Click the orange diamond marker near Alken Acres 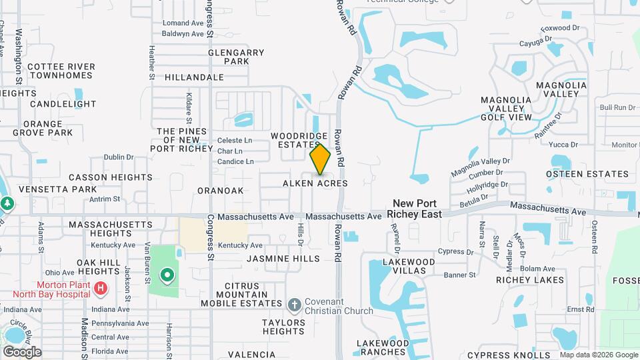coord(321,160)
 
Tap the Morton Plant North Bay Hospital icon coord(100,288)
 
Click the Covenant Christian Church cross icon coord(294,305)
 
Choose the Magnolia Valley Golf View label coord(506,109)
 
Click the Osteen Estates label coord(587,174)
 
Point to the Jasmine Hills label coord(283,258)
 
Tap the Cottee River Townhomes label coord(61,71)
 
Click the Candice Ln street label coord(235,161)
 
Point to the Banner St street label coord(460,275)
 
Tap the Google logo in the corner coord(22,351)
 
